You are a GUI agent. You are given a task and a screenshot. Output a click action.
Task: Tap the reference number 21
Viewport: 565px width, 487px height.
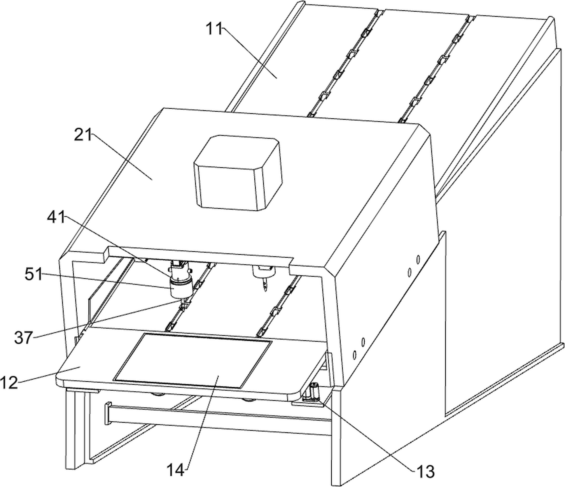pos(83,136)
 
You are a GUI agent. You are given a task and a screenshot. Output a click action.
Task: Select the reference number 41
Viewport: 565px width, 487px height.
pos(56,217)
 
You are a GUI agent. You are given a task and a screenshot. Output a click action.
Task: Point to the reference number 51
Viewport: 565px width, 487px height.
pos(33,275)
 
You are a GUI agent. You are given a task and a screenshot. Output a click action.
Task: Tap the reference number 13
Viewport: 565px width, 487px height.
pos(426,471)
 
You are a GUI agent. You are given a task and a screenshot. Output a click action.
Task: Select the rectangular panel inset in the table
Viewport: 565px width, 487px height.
pos(193,361)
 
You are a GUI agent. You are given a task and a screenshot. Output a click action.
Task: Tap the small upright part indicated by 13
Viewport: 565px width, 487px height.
pos(314,393)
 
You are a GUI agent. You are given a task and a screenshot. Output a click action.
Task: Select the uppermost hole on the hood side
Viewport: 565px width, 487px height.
pos(418,259)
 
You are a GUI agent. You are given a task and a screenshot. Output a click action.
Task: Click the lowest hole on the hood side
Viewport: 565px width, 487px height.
pos(355,355)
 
